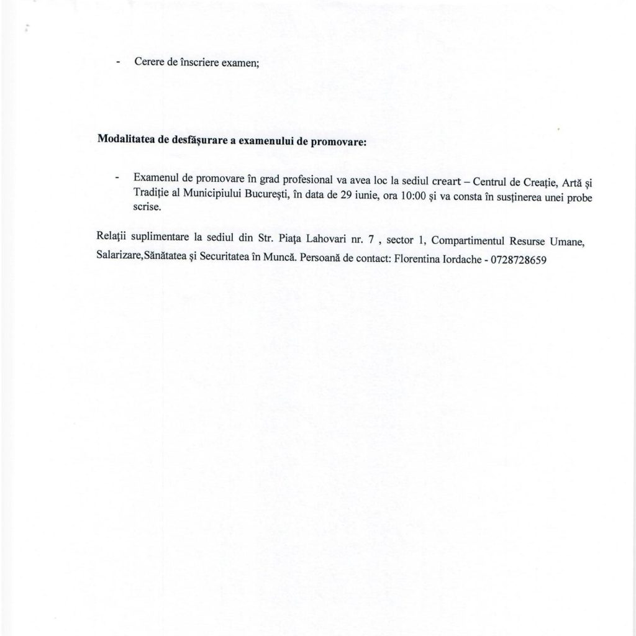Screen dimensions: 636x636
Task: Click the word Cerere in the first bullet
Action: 147,63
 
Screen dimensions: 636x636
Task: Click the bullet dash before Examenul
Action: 117,178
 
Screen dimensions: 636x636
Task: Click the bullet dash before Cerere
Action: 117,63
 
